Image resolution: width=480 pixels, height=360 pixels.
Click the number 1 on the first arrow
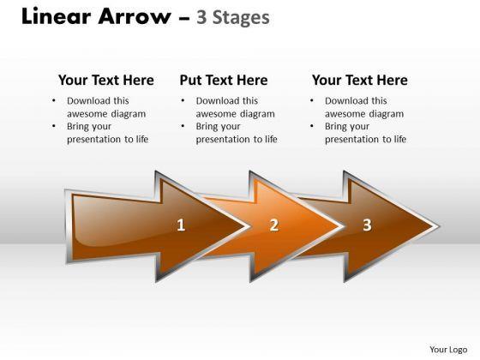pos(181,225)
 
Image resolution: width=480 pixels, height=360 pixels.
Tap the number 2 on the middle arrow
pos(274,225)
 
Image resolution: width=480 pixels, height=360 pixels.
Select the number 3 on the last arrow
pos(367,225)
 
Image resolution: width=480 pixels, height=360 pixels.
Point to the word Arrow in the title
pos(135,16)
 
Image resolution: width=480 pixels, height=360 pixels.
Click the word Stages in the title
pos(241,18)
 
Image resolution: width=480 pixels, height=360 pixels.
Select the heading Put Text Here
pos(224,81)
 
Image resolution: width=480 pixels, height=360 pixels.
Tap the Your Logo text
pos(448,350)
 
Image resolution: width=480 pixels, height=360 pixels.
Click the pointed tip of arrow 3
pos(439,227)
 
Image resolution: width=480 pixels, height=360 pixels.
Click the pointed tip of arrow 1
pos(251,227)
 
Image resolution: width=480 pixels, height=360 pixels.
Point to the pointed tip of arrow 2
pos(345,227)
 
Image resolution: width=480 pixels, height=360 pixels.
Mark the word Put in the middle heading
pos(190,81)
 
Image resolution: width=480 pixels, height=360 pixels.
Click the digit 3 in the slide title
pos(201,17)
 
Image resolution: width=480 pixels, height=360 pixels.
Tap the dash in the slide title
pos(183,19)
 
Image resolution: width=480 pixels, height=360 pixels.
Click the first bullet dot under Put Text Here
pos(183,99)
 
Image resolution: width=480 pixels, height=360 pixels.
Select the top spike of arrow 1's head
pos(156,171)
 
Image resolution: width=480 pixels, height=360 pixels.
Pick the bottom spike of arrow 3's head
pos(345,281)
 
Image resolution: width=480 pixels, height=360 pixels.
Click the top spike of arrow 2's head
pos(249,171)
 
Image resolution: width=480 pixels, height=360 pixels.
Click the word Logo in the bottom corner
pos(458,350)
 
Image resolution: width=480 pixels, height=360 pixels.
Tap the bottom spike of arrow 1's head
pos(156,281)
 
